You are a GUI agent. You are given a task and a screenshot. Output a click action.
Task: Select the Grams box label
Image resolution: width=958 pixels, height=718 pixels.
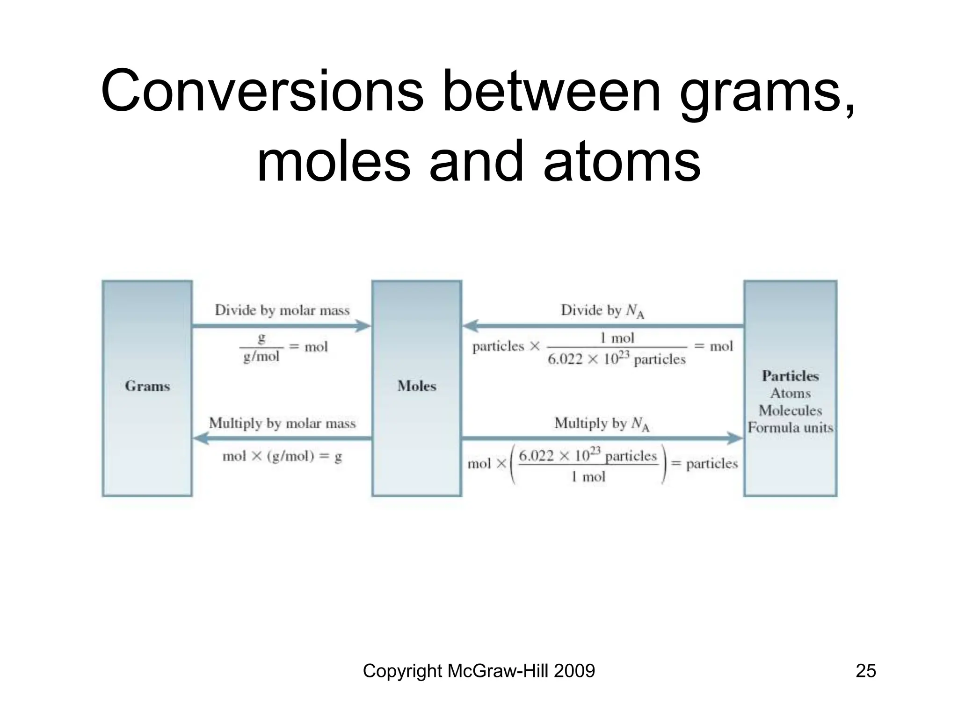click(147, 386)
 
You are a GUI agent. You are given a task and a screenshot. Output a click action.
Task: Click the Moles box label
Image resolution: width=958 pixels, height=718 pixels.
click(417, 386)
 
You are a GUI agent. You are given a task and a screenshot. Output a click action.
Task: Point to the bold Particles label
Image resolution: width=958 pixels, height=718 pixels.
click(790, 376)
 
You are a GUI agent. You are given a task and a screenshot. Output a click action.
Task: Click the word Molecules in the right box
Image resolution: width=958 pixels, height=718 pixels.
click(790, 410)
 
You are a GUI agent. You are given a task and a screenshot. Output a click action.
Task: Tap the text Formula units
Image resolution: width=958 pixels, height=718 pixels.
click(790, 428)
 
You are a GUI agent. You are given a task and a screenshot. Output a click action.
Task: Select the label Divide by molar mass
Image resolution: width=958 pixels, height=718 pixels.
click(282, 310)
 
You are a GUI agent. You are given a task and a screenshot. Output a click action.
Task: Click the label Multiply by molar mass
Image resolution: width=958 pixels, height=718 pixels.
click(282, 423)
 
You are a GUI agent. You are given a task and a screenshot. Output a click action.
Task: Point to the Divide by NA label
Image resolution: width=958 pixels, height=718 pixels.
click(602, 310)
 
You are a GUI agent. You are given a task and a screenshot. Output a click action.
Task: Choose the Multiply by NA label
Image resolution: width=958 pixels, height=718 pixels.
click(602, 424)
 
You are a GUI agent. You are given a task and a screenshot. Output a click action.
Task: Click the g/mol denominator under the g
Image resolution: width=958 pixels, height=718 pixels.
click(261, 357)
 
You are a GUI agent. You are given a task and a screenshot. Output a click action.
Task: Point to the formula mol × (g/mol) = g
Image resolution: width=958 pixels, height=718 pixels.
click(282, 456)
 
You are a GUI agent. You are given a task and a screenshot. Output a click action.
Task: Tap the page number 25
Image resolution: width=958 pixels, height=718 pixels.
click(865, 671)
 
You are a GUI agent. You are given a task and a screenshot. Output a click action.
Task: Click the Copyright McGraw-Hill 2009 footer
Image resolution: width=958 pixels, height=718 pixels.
click(479, 671)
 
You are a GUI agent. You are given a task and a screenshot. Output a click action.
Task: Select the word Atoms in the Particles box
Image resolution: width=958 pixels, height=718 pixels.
click(790, 393)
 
